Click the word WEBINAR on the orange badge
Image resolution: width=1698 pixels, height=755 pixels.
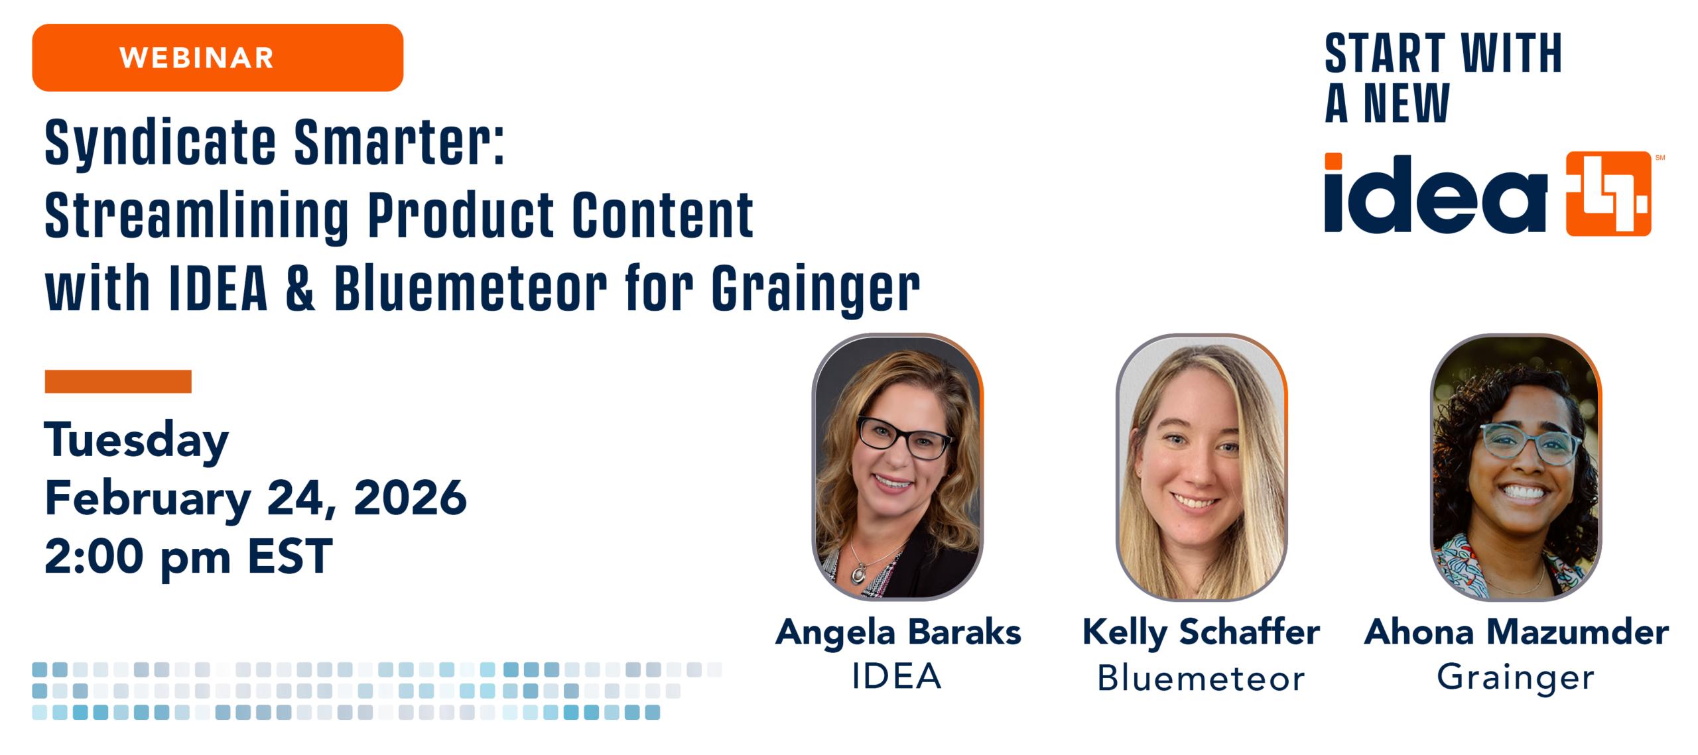click(x=196, y=58)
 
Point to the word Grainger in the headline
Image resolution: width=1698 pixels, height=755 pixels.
click(x=816, y=290)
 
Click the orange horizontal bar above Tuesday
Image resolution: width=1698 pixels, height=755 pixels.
click(x=118, y=381)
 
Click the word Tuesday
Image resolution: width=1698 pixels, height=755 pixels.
click(x=137, y=441)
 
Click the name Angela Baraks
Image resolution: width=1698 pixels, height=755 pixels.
click(x=898, y=633)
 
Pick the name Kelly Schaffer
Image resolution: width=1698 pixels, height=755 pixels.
click(x=1201, y=633)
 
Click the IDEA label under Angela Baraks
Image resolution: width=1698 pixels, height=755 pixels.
click(x=897, y=676)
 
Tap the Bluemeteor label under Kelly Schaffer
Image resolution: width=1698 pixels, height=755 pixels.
click(x=1201, y=677)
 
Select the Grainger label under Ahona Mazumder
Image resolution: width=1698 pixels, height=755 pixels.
click(x=1516, y=678)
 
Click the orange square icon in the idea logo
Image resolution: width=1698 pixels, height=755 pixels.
click(x=1608, y=194)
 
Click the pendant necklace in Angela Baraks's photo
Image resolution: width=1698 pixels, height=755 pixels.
click(x=860, y=572)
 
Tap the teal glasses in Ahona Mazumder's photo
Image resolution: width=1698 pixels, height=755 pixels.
click(x=1530, y=442)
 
